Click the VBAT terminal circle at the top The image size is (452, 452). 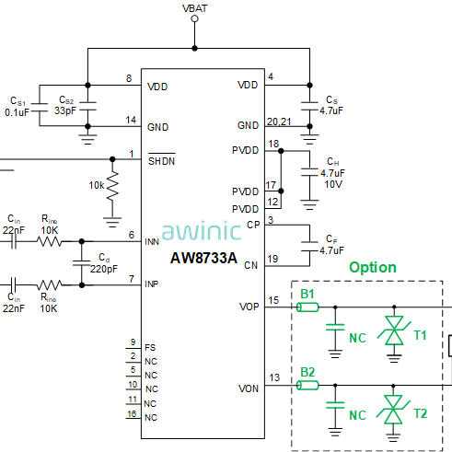(x=194, y=18)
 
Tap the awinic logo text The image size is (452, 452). (x=202, y=230)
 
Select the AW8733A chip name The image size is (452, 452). (x=203, y=258)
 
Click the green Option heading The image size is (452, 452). (x=373, y=268)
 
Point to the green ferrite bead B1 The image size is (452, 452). (x=307, y=307)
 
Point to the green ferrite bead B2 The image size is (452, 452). (x=307, y=385)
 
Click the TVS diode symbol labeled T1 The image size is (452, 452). (x=394, y=330)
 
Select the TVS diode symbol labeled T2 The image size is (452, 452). (x=393, y=409)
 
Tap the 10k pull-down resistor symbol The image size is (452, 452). (x=112, y=186)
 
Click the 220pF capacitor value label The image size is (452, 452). (x=104, y=269)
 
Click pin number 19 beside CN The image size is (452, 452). (x=272, y=259)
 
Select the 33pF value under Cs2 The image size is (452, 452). (x=65, y=110)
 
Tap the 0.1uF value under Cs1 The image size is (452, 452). (x=17, y=112)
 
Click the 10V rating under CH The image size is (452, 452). (x=333, y=184)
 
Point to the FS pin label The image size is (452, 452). (x=150, y=348)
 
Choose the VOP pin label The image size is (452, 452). (x=249, y=307)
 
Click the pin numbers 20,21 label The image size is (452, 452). (x=279, y=122)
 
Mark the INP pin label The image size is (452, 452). (x=152, y=284)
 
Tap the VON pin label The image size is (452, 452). (x=249, y=388)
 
